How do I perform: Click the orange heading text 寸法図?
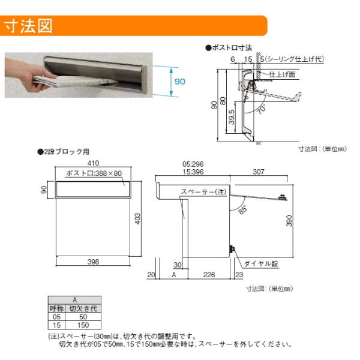[28, 26]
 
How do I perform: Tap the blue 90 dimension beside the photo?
[180, 82]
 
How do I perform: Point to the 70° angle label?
[262, 109]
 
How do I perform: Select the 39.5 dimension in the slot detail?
[232, 117]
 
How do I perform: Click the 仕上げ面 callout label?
[282, 74]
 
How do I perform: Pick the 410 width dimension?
[93, 163]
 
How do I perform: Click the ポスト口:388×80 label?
[94, 173]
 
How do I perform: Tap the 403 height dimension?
[137, 219]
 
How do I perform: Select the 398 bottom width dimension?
[93, 262]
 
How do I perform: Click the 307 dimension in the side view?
[259, 172]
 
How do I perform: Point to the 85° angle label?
[243, 209]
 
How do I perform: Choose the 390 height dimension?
[289, 221]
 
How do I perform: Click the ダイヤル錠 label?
[261, 263]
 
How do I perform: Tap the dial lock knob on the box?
[232, 249]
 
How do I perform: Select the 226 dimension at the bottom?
[209, 275]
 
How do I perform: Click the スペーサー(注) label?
[203, 191]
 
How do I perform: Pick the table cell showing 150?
[83, 325]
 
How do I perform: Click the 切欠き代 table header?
[83, 308]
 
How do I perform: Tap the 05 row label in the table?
[56, 317]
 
